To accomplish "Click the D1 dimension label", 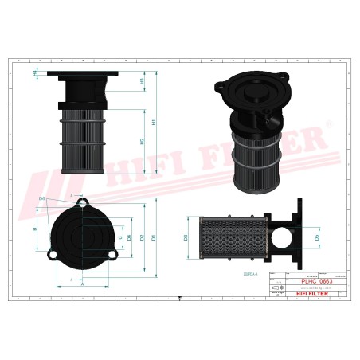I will pos(153,237).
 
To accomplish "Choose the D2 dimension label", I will pos(141,237).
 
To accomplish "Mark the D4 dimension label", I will pos(130,237).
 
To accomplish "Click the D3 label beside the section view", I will pos(186,237).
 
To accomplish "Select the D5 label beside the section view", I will pos(316,237).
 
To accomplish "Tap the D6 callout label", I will pos(41,198).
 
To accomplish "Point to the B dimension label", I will pos(34,229).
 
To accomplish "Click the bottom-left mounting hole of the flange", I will pos(52,255).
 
